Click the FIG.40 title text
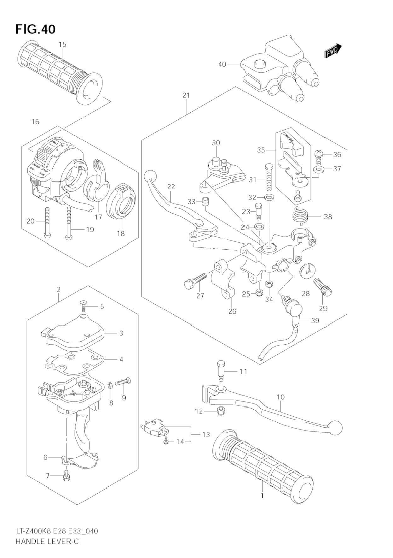(35, 29)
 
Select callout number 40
(222, 64)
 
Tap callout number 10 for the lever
(280, 397)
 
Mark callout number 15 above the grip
(62, 45)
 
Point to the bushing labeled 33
(206, 202)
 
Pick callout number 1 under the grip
(262, 496)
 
